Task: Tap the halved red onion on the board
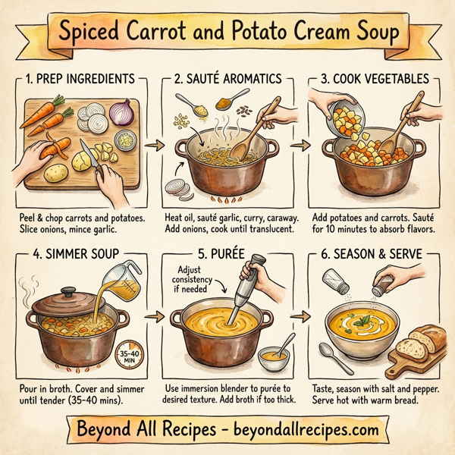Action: pyautogui.click(x=121, y=114)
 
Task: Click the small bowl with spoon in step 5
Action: pyautogui.click(x=274, y=353)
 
